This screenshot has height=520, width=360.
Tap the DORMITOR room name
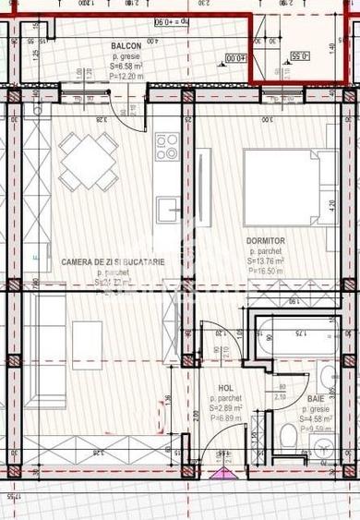point(265,241)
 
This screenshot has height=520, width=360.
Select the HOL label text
point(225,389)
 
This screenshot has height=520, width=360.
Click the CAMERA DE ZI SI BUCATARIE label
point(114,262)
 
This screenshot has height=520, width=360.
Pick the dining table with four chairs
point(89,162)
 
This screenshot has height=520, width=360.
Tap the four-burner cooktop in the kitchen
point(167,146)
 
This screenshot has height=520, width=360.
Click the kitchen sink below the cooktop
point(167,210)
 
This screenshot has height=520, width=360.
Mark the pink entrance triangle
point(222,474)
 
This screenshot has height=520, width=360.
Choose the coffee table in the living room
point(88,345)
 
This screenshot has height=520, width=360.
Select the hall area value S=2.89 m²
point(225,408)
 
